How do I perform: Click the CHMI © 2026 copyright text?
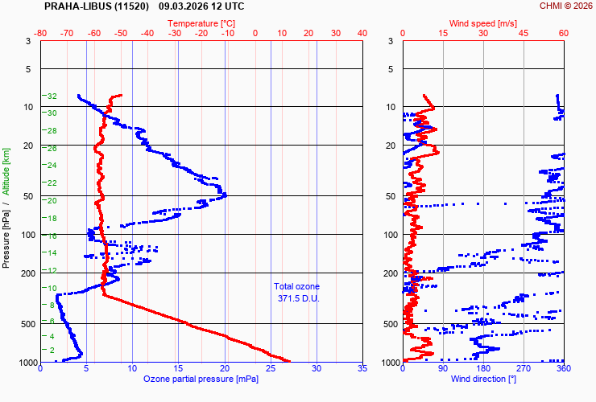click(x=565, y=6)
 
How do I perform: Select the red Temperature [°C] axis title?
click(x=202, y=23)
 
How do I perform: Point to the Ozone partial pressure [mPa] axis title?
click(x=200, y=379)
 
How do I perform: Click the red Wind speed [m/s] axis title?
click(x=482, y=23)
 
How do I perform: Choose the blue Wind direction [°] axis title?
click(x=482, y=379)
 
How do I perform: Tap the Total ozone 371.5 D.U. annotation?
click(x=296, y=292)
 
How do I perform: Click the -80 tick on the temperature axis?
click(x=41, y=33)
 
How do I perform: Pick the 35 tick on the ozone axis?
click(x=362, y=369)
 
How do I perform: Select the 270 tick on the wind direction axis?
click(x=524, y=369)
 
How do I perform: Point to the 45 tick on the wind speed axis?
click(x=524, y=33)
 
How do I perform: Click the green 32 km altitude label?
click(x=52, y=96)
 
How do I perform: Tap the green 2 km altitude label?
click(x=52, y=351)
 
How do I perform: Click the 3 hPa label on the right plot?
click(x=390, y=41)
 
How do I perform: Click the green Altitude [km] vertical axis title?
click(x=6, y=171)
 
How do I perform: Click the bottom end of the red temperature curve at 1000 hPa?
click(x=289, y=361)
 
